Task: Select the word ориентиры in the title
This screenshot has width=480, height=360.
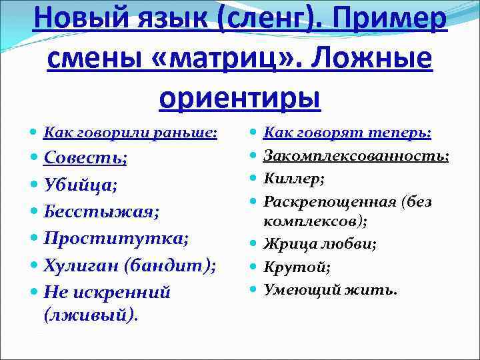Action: click(x=240, y=97)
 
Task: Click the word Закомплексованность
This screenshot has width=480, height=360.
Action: click(x=355, y=156)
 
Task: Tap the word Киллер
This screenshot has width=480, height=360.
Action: click(x=293, y=179)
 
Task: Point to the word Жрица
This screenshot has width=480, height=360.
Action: click(x=287, y=245)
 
